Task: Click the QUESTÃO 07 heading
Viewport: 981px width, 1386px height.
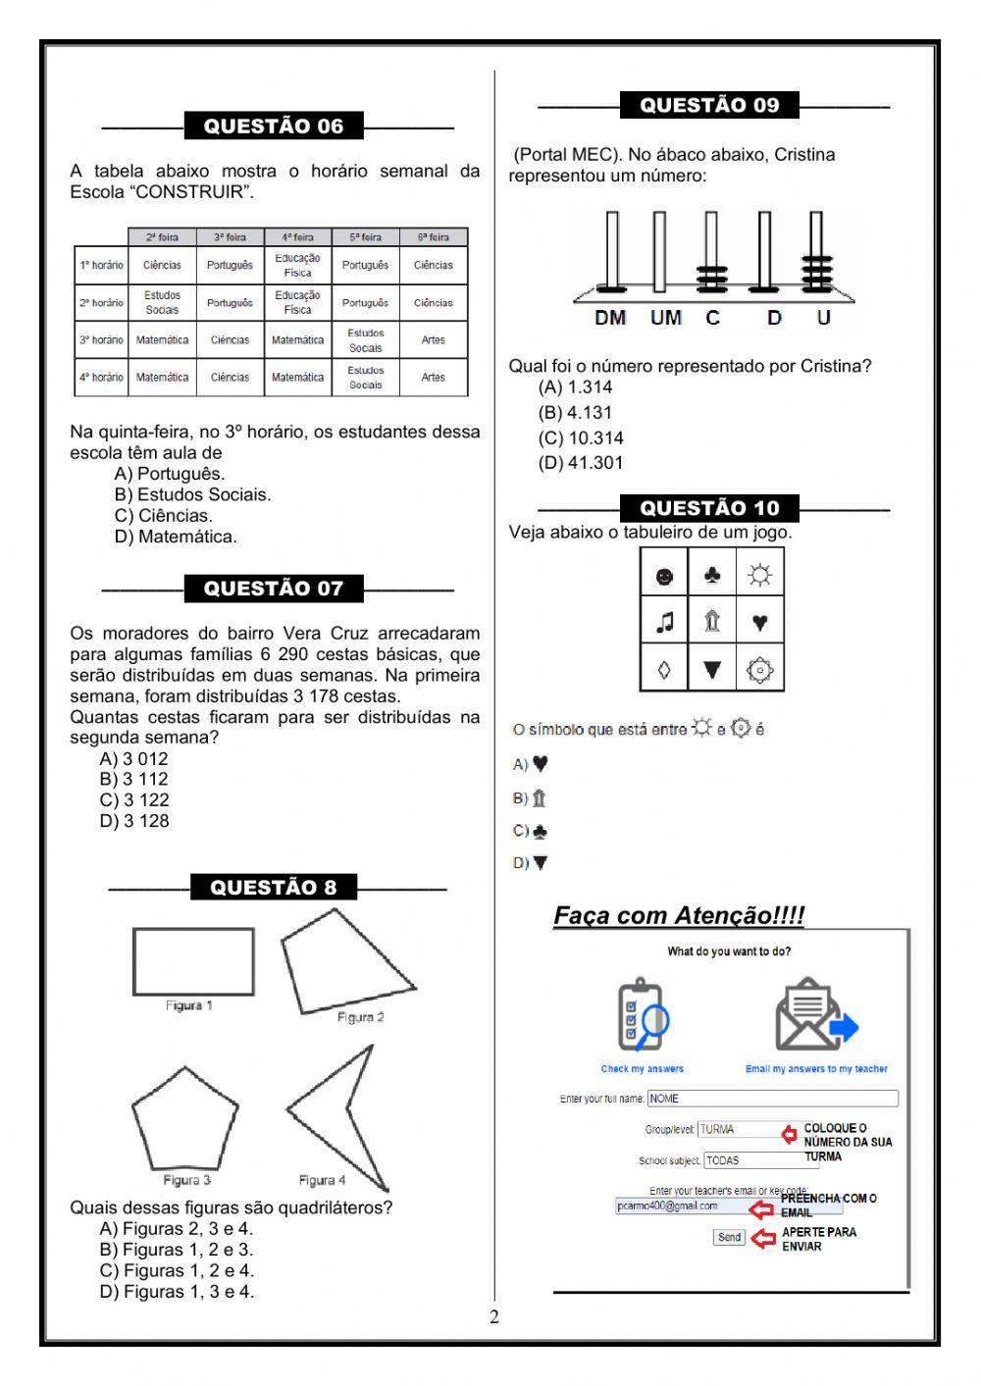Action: (274, 589)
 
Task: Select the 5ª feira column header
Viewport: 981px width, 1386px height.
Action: (365, 237)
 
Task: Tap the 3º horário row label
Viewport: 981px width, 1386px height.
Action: (101, 340)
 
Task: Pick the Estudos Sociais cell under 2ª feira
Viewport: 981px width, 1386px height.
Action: (162, 303)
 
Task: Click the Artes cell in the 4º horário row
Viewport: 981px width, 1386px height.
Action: (433, 378)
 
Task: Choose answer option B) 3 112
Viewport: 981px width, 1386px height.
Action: (134, 780)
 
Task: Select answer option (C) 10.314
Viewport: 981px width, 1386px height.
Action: (581, 438)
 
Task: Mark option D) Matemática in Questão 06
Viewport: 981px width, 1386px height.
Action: (176, 538)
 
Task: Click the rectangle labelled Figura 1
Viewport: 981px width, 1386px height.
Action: (193, 961)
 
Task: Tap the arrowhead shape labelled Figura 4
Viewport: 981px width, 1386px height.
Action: (338, 1113)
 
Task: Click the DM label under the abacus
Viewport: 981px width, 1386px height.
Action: (610, 318)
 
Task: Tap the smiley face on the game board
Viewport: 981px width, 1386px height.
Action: (664, 576)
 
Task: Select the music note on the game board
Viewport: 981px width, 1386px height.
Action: (664, 622)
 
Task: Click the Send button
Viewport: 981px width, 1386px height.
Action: (729, 1238)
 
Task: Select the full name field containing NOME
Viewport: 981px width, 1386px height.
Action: (772, 1099)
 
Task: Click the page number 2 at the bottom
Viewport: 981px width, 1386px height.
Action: (494, 1317)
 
